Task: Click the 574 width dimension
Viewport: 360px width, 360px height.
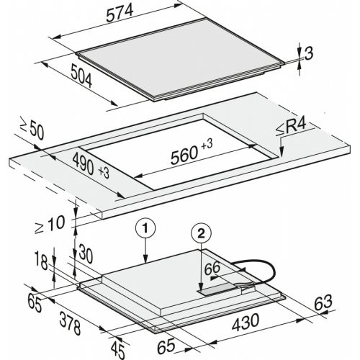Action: click(120, 13)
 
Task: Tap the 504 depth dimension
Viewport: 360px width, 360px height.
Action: click(81, 76)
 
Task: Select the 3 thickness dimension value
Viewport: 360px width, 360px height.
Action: click(309, 53)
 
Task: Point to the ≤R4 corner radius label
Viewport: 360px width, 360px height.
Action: click(291, 127)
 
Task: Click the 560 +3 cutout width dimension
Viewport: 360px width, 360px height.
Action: click(192, 152)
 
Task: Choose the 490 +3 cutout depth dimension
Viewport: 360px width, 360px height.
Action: click(91, 166)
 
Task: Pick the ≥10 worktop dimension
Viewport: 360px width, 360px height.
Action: click(50, 224)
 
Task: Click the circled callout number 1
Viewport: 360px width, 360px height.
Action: click(145, 228)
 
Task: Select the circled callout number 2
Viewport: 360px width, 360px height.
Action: click(201, 233)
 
